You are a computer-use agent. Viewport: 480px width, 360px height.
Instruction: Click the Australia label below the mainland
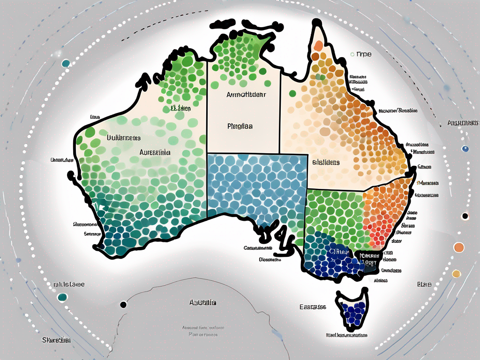pos(203,303)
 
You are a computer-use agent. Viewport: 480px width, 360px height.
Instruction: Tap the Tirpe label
pos(364,54)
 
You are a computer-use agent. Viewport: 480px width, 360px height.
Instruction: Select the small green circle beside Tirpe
pos(352,54)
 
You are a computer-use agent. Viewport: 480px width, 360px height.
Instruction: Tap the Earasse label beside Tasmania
pos(313,307)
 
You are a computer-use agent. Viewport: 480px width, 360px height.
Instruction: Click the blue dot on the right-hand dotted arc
pos(465,149)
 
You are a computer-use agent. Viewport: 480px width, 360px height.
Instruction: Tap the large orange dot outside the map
pos(459,247)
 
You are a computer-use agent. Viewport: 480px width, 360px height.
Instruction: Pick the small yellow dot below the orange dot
pos(456,273)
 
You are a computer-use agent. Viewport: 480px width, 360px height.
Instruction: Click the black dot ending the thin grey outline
pos(123,304)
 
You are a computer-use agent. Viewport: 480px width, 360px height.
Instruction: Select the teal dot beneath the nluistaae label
pos(61,297)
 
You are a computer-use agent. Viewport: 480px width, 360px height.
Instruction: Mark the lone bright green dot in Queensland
pos(292,93)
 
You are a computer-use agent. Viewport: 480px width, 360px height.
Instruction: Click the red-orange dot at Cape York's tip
pos(318,46)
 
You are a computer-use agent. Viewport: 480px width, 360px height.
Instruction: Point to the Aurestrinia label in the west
pos(155,152)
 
